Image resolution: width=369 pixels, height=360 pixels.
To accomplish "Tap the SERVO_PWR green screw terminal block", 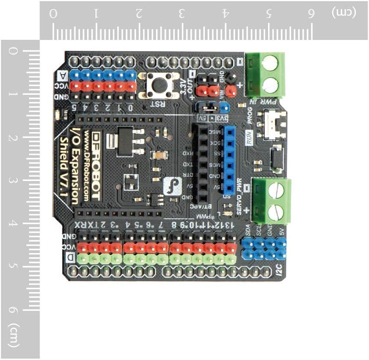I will pyautogui.click(x=271, y=201).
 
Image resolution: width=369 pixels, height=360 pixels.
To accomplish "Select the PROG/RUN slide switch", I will pyautogui.click(x=272, y=125).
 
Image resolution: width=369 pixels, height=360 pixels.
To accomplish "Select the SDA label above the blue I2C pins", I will pyautogui.click(x=248, y=229).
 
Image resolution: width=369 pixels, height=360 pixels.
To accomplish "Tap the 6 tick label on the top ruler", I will pyautogui.click(x=311, y=13).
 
